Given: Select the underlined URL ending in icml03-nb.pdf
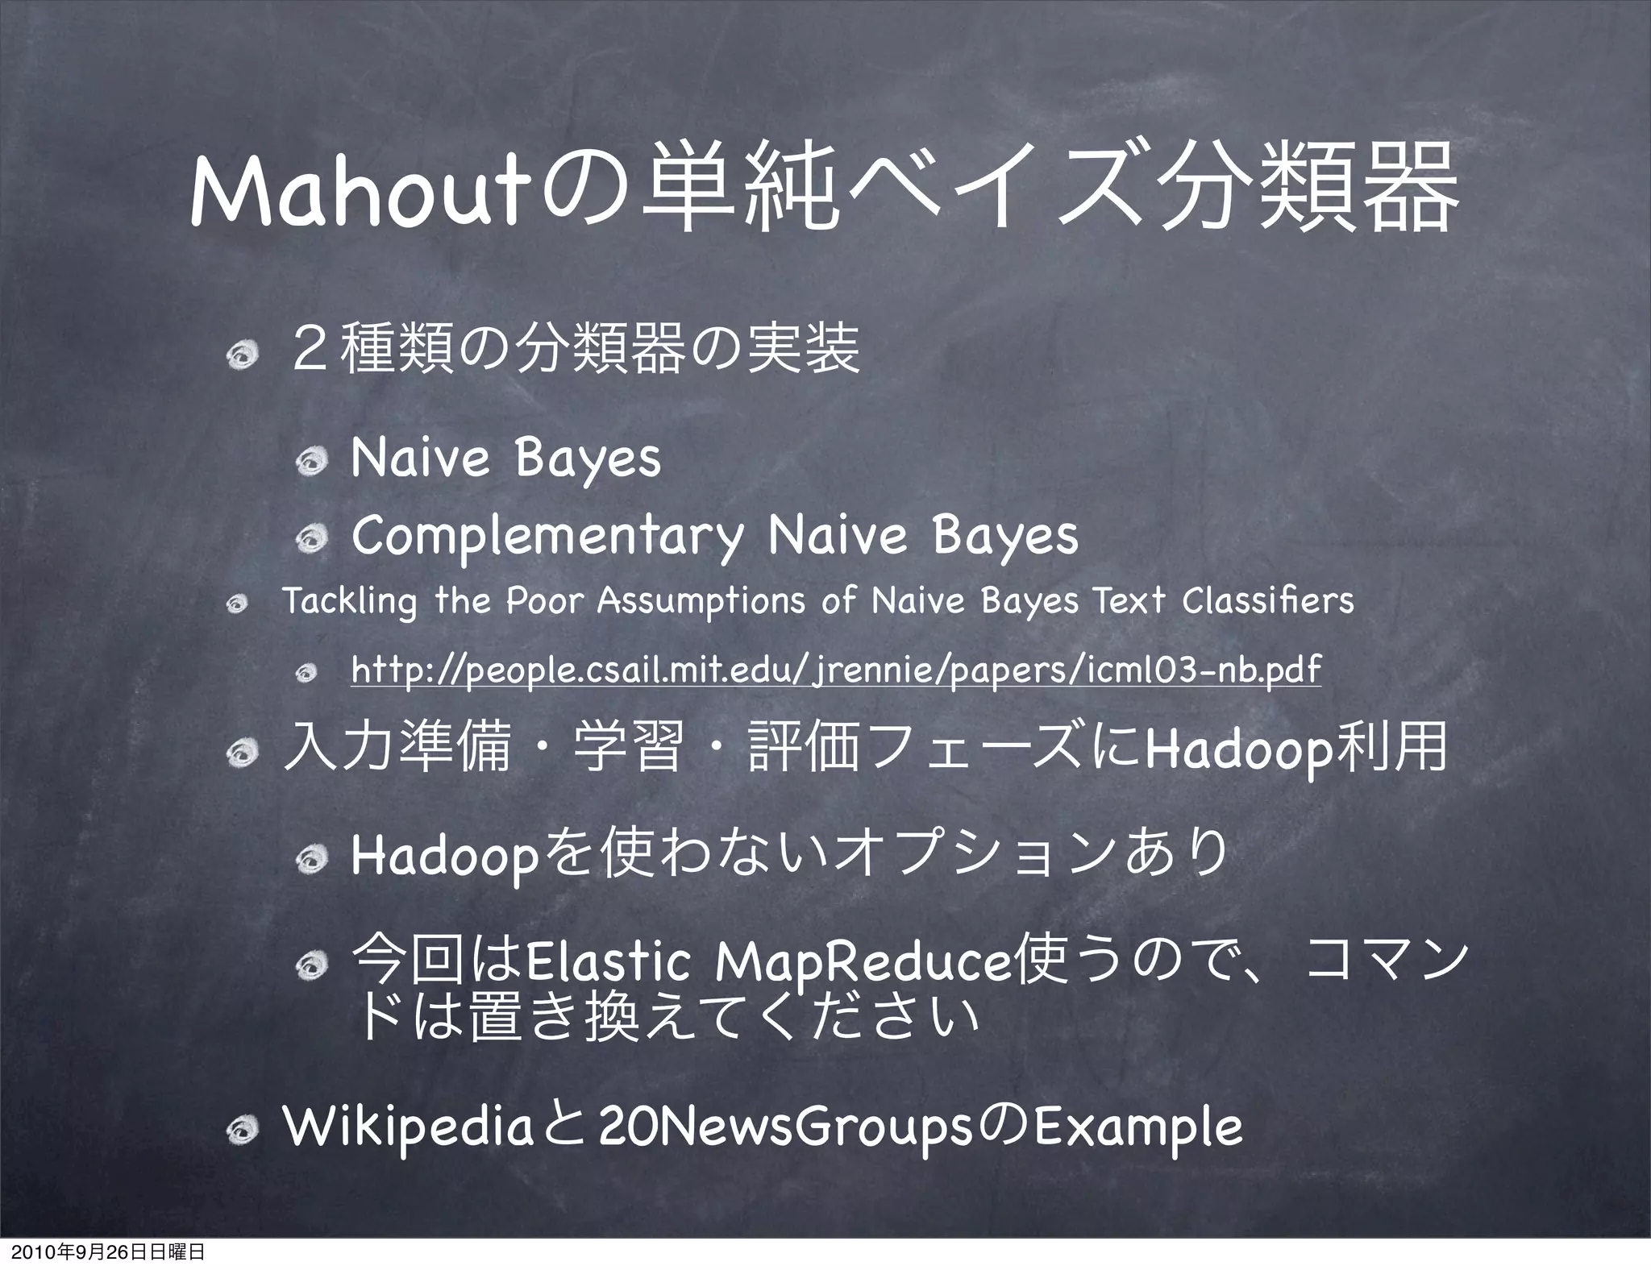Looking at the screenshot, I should [836, 668].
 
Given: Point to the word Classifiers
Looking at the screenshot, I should [1268, 600].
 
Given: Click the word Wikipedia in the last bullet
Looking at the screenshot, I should [408, 1129].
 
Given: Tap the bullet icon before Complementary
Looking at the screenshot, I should [309, 537].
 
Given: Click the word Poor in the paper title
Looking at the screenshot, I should [544, 600].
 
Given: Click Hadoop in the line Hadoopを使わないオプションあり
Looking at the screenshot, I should [444, 857].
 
